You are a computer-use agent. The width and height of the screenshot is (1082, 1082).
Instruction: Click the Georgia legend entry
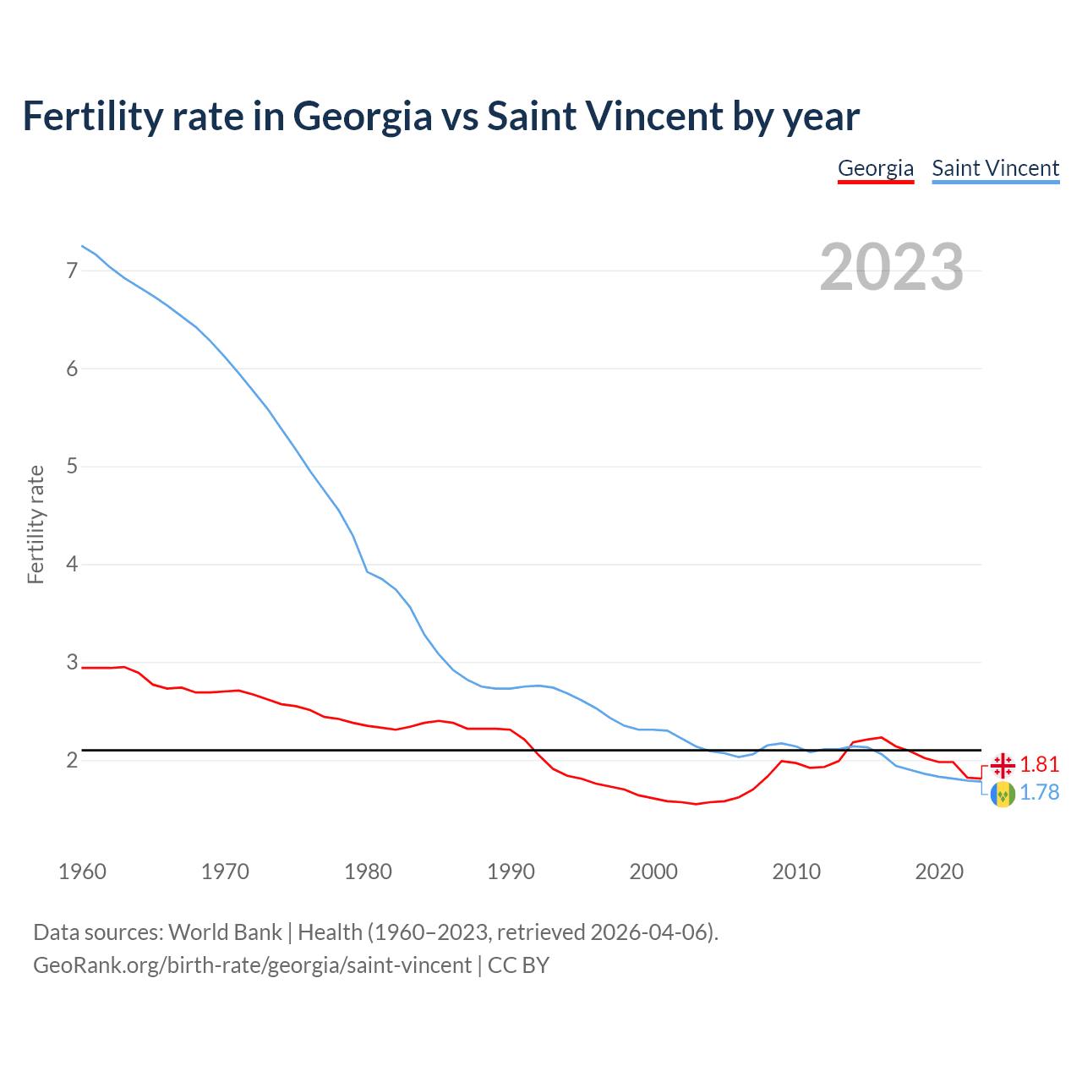point(875,168)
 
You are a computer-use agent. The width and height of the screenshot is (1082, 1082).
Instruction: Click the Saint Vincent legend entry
point(995,168)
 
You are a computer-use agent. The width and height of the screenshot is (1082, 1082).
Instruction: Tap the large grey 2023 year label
point(891,267)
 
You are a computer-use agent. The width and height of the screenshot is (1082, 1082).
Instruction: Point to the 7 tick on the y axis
point(72,271)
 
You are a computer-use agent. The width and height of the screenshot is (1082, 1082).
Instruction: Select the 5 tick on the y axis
point(72,467)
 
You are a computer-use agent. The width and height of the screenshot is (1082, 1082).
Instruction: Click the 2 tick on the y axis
point(72,760)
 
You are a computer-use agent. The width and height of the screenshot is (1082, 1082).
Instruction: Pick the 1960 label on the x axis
point(82,872)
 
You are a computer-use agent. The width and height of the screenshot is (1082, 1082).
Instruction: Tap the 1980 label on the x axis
point(368,872)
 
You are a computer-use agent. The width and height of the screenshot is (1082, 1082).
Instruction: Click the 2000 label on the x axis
point(653,872)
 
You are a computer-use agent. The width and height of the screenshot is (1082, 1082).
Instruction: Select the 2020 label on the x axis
point(939,872)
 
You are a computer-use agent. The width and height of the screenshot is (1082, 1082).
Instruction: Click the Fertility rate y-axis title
point(36,524)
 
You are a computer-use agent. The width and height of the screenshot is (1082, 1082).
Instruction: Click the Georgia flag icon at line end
point(1003,765)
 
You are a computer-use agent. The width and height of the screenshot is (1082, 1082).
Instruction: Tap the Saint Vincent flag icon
point(1003,794)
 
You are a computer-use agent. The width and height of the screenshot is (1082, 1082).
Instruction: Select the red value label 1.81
point(1039,765)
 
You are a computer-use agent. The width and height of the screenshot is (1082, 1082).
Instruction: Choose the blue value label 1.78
point(1039,793)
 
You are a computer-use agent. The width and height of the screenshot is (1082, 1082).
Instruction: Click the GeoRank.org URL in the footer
point(252,965)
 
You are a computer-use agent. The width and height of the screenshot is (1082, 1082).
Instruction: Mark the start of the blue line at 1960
point(82,246)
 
